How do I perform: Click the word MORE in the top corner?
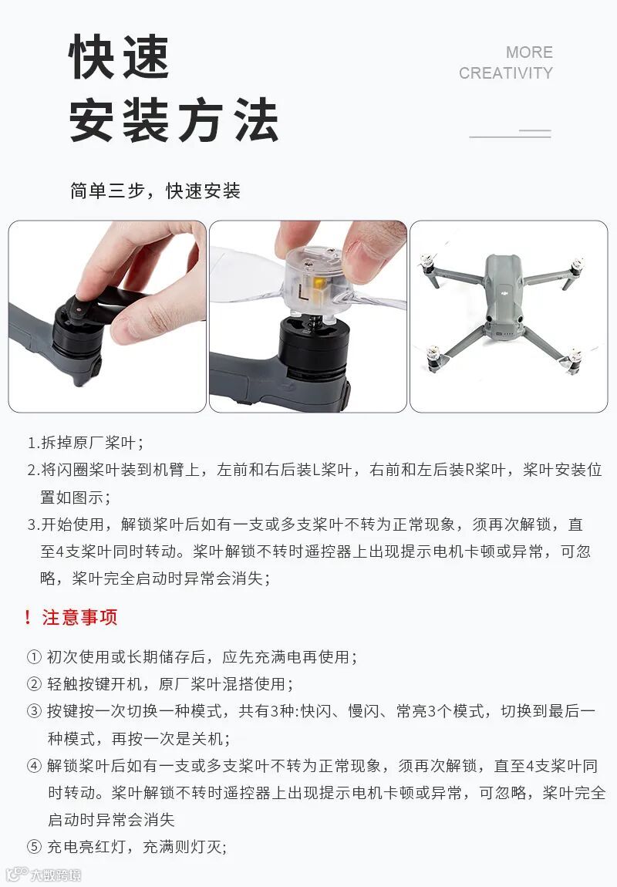coord(529,52)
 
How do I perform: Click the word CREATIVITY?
coord(506,73)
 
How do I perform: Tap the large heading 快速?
coord(119,56)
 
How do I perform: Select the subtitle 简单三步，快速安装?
coord(156,191)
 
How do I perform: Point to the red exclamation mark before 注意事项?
coord(28,617)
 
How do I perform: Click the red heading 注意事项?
coord(79,617)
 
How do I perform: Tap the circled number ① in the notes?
coord(35,656)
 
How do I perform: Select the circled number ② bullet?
coord(35,684)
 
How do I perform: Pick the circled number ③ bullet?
coord(35,711)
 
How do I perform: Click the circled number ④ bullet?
coord(35,766)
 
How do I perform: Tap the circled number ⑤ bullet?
coord(35,847)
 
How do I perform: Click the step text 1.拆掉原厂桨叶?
coord(85,443)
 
